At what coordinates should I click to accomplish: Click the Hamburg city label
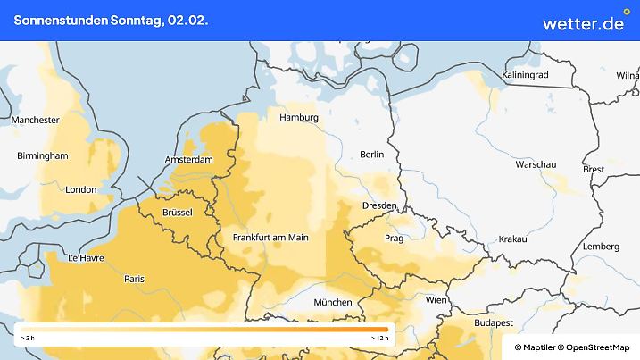[299, 117]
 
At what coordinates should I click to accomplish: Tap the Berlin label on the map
[371, 155]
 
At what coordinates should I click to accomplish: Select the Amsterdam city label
[189, 160]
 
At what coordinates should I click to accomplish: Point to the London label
[81, 189]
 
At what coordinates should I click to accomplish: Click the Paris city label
[135, 279]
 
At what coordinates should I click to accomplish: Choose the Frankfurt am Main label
[270, 238]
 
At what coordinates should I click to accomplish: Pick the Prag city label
[394, 239]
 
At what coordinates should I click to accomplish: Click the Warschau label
[536, 165]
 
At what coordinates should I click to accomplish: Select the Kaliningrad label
[526, 75]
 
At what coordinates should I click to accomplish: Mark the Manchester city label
[36, 120]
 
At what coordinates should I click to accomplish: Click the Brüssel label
[179, 212]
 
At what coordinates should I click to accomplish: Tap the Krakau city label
[513, 239]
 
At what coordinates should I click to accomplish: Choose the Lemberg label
[600, 246]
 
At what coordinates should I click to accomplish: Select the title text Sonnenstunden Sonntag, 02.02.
[112, 20]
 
